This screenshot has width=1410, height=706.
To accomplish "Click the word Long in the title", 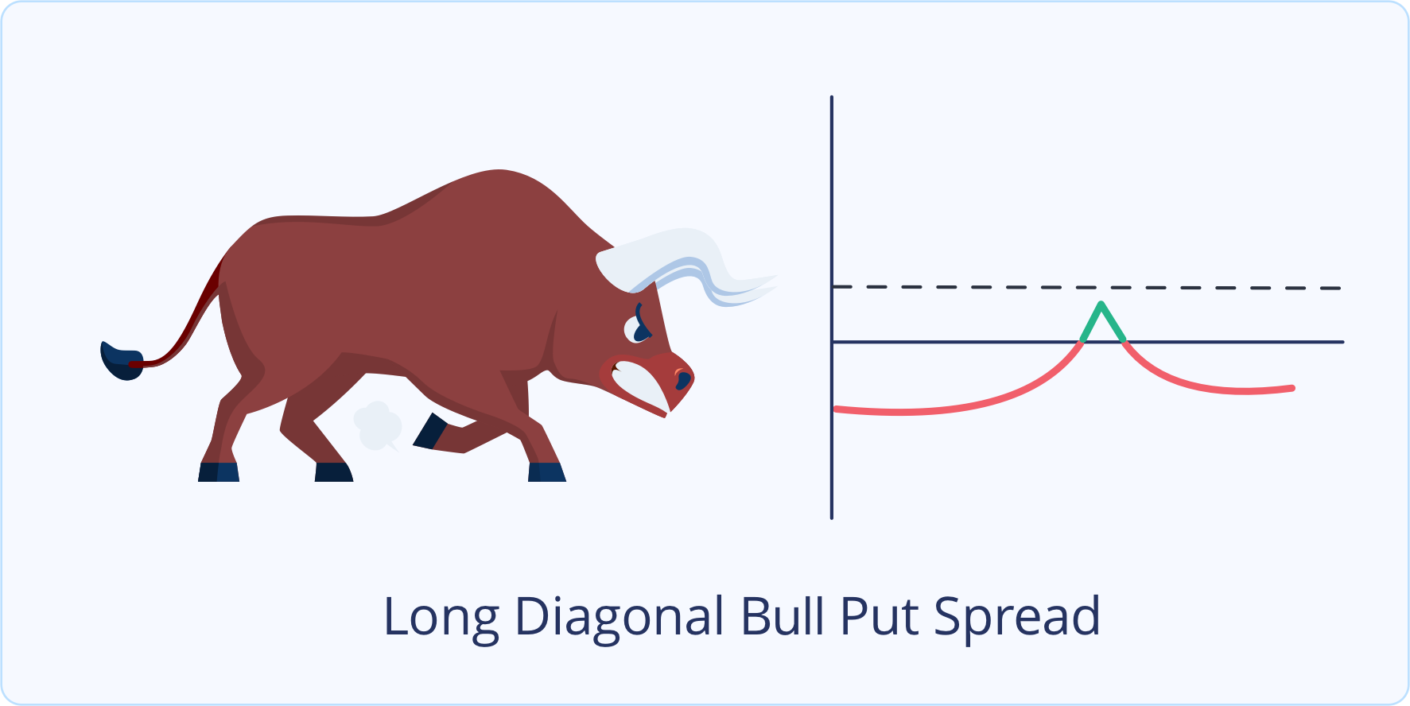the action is point(441,619).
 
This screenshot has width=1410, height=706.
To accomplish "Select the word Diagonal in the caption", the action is point(620,619).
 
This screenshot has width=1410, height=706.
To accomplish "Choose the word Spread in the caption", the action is point(1017,619).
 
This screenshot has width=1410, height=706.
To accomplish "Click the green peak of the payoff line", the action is point(1101,305).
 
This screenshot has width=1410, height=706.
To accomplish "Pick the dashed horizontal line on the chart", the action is point(1086,287).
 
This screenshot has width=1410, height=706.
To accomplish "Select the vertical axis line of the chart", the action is point(832,308).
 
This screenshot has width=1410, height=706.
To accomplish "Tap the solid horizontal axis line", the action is point(1088,342).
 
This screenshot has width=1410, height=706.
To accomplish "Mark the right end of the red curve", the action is point(1292,388).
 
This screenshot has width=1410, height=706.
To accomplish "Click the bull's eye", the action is point(639,328).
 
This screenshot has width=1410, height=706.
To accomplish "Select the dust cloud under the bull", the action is point(377,425).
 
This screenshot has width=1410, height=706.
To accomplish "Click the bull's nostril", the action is point(682,379).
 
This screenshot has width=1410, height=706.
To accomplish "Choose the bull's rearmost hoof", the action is point(219,471).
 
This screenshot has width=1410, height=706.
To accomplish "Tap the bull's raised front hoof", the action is point(429,431).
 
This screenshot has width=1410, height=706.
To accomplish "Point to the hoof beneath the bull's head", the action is point(547,472).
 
